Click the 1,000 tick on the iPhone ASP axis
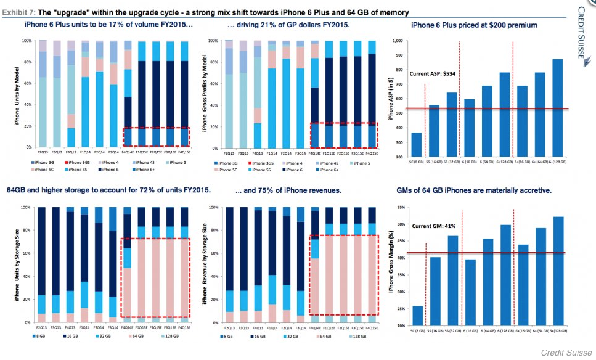click(x=398, y=41)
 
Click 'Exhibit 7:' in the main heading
click(x=17, y=12)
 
